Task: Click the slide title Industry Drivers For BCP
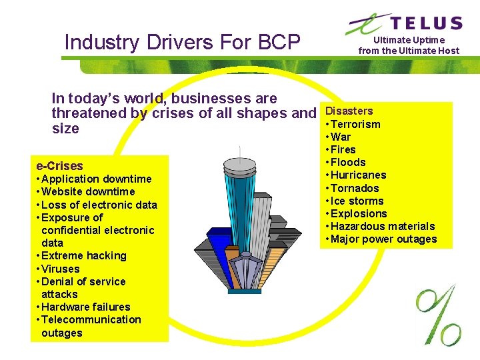coord(182,43)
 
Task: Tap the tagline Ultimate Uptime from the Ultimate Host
coord(409,45)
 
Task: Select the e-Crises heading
coord(59,166)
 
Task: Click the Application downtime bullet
coord(96,179)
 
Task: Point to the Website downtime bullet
coord(87,191)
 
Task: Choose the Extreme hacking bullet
coord(83,255)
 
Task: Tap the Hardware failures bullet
coord(85,307)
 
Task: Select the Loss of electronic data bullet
coord(99,205)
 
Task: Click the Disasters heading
coord(349,111)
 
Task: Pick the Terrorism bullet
coord(355,124)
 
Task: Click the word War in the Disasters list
coord(341,137)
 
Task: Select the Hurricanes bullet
coord(358,175)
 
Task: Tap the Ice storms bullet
coord(357,201)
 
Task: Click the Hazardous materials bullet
coord(382,226)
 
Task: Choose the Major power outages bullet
coord(383,239)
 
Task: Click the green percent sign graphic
coord(438,313)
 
